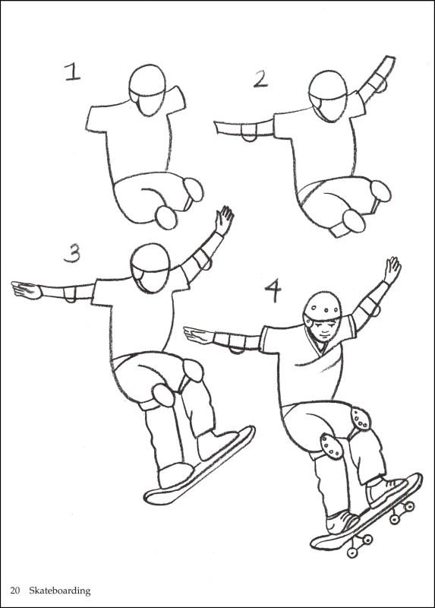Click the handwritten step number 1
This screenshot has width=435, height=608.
coord(72,72)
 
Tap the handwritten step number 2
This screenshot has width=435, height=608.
coord(260,78)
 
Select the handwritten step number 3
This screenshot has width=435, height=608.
coord(72,253)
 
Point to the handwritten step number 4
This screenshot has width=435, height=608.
coord(274,290)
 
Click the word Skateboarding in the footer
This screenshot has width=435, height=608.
coord(60,590)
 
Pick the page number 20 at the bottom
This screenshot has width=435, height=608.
coord(15,590)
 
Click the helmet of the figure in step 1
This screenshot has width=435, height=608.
coord(147,85)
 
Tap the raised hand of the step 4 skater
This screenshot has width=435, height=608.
coord(392,270)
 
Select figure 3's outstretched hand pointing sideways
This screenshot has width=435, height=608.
coord(26,290)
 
